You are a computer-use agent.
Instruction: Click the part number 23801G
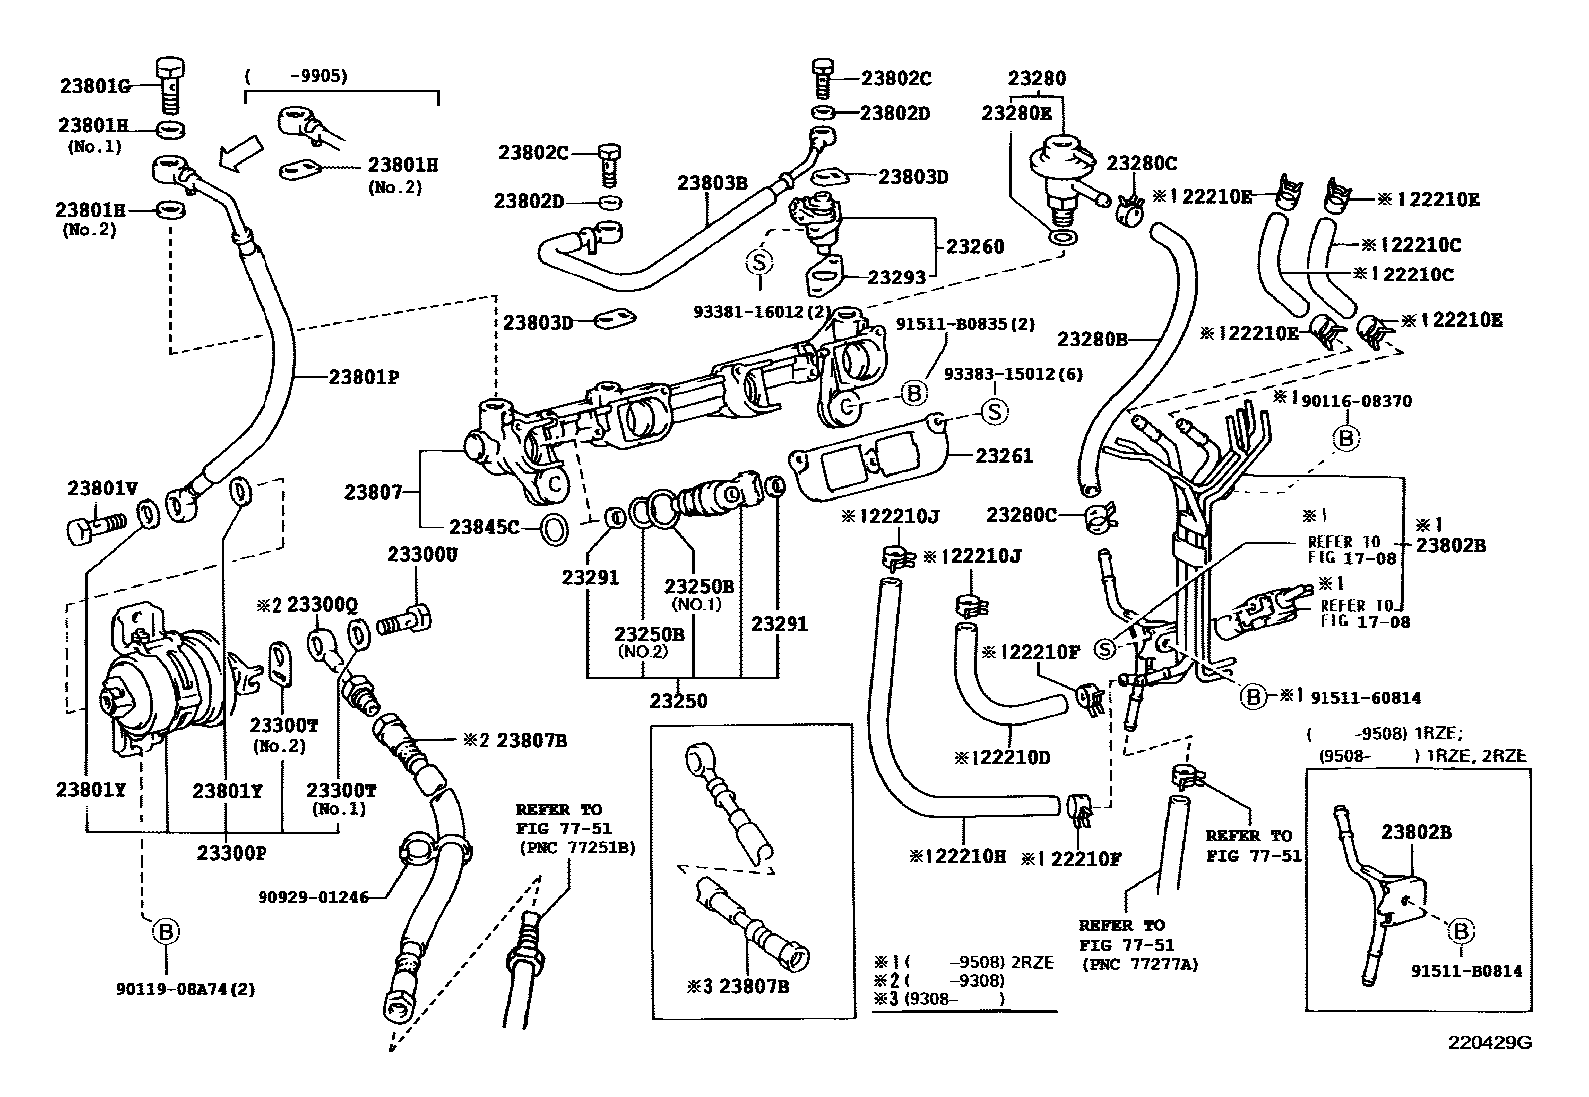coord(95,86)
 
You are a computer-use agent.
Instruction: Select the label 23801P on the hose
coord(364,377)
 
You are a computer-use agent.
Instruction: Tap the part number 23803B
coord(712,183)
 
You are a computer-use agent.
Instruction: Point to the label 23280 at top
coord(1036,78)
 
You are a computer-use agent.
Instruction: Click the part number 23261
coord(1004,456)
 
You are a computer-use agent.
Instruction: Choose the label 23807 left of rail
coord(374,492)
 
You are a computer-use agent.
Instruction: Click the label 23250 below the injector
coord(678,700)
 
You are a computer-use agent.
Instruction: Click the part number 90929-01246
coord(313,897)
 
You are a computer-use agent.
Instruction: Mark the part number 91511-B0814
coord(1466,970)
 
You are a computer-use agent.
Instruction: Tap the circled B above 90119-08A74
coord(165,932)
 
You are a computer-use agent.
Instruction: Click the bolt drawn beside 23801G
coord(171,86)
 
